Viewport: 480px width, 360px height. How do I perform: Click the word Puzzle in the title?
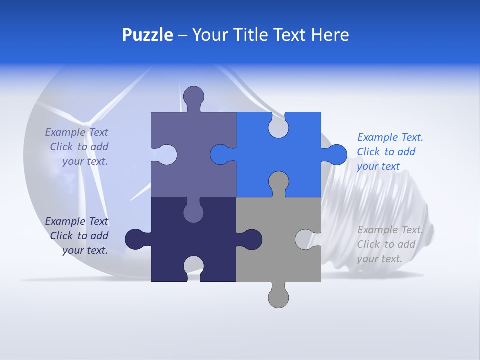tap(147, 35)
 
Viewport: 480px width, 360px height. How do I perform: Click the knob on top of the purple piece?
tap(193, 96)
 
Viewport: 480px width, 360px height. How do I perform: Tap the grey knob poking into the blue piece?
tap(278, 181)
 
